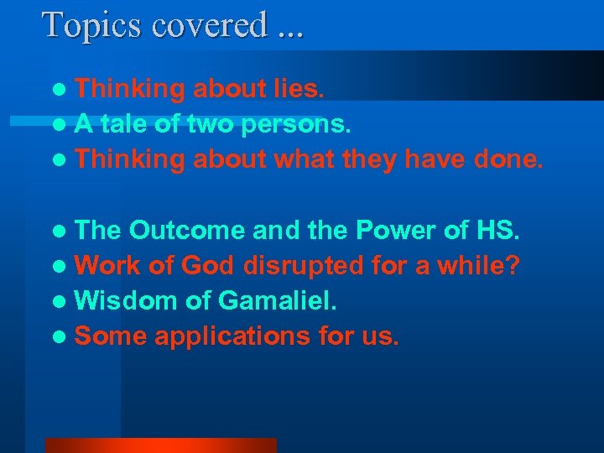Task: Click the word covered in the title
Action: (209, 25)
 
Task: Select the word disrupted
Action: (305, 266)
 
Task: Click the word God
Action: (206, 266)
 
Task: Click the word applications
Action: (232, 337)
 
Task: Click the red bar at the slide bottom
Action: (160, 445)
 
